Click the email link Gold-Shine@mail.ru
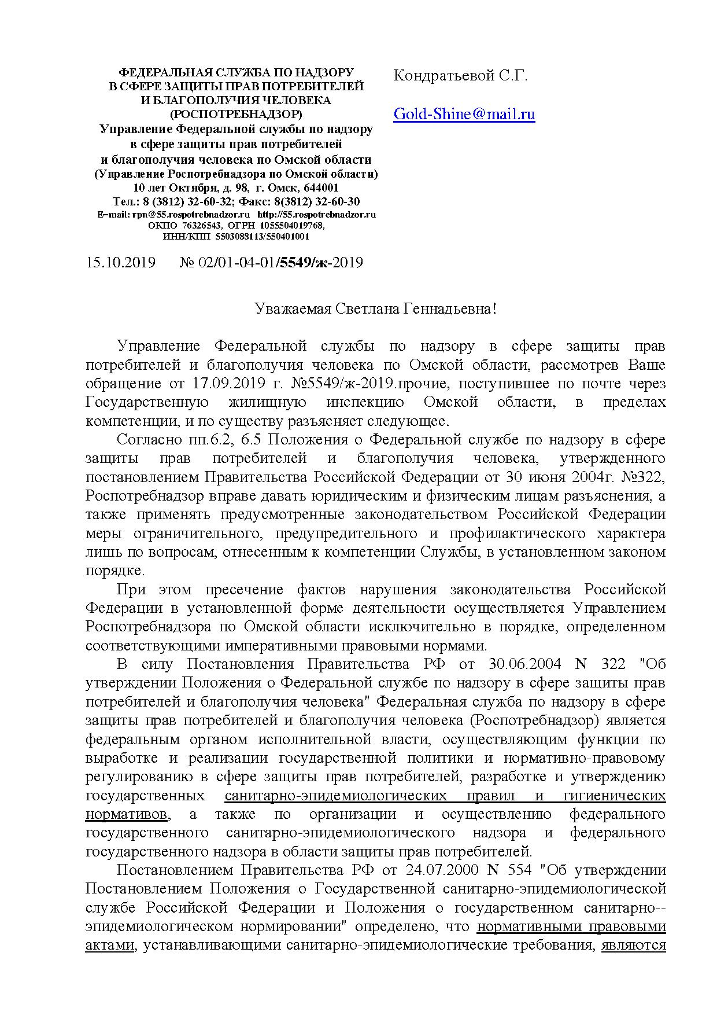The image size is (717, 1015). (464, 114)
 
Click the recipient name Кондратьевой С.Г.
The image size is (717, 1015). (460, 76)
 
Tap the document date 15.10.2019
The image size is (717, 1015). (120, 263)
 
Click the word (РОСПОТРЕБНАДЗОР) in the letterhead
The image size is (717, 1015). (236, 113)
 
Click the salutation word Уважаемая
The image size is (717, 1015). (293, 309)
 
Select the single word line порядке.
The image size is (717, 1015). (114, 571)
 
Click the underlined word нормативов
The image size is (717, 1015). (127, 814)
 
